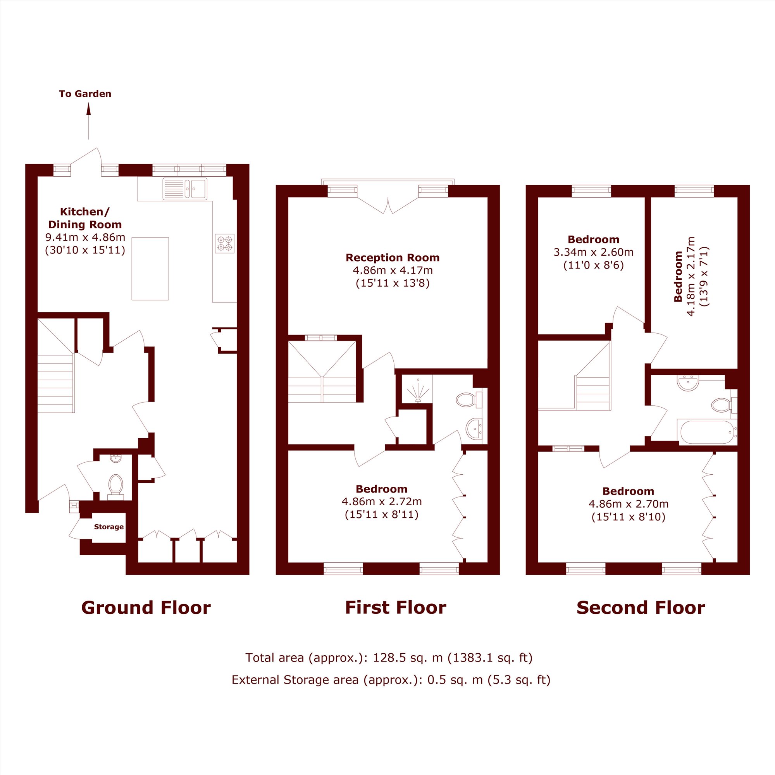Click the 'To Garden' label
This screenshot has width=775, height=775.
point(85,94)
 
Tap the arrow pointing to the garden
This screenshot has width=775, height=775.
point(89,121)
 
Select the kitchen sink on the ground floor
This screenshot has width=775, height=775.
point(185,189)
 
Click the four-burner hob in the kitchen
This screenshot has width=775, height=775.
point(225,243)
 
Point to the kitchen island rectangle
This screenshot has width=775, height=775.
point(150,269)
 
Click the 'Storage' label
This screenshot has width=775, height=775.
point(109,527)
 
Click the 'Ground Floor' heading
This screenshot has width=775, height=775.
point(146,608)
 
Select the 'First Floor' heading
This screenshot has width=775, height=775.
point(396,608)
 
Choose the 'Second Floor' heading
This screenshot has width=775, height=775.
point(641,608)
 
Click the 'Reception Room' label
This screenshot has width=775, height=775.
point(393,258)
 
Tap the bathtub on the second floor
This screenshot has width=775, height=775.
point(707,432)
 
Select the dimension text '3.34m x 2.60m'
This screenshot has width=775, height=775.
point(594,252)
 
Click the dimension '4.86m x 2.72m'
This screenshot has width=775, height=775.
point(381,501)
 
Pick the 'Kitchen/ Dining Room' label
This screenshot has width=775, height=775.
point(85,218)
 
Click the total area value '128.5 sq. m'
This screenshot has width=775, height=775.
point(408,658)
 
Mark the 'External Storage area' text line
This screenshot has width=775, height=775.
point(391,680)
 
